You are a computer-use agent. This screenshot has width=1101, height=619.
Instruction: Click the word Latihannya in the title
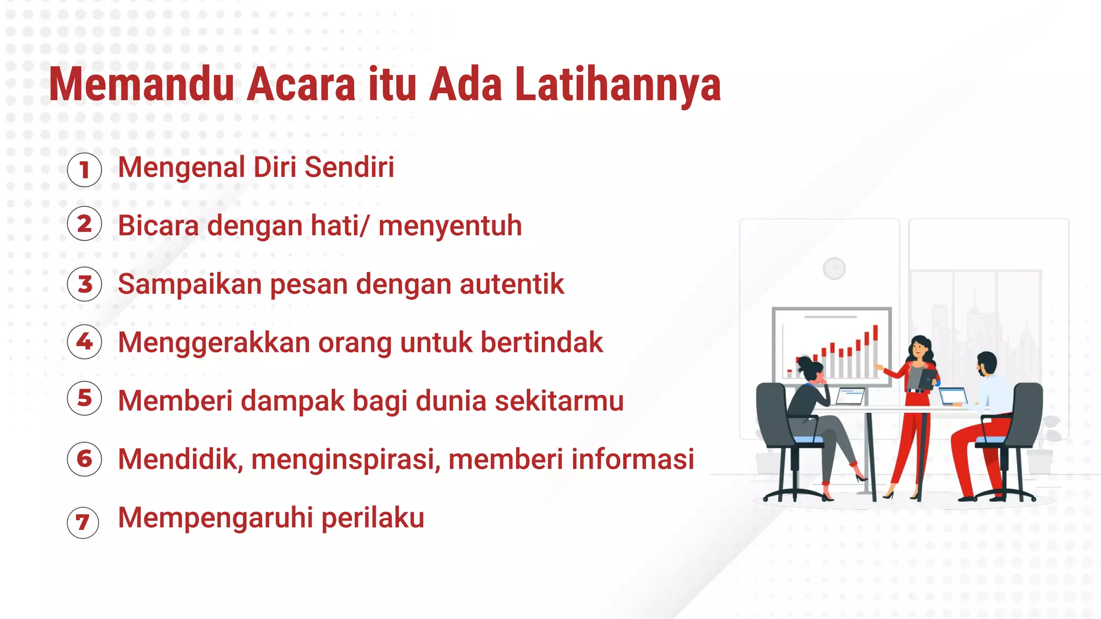618,85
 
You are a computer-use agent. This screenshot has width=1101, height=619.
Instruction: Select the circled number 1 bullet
84,170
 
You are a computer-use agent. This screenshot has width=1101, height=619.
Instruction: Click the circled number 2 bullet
84,224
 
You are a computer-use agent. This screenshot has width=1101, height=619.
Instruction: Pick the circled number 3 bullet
84,284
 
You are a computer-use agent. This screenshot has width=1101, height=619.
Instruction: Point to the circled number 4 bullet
84,341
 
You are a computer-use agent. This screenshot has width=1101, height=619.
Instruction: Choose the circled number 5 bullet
84,398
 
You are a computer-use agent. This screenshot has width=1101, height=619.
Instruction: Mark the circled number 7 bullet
83,522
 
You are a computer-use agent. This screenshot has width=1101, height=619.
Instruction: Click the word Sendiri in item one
349,167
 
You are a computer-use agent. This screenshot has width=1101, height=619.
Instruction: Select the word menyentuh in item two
450,226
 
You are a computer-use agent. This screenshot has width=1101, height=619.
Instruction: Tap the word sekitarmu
559,401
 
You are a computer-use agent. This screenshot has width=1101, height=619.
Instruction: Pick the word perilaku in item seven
373,518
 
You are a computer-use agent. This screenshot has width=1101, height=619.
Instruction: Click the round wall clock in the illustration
834,268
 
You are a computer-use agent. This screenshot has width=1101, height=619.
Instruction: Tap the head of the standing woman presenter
920,348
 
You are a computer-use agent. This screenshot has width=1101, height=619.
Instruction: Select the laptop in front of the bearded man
953,396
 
